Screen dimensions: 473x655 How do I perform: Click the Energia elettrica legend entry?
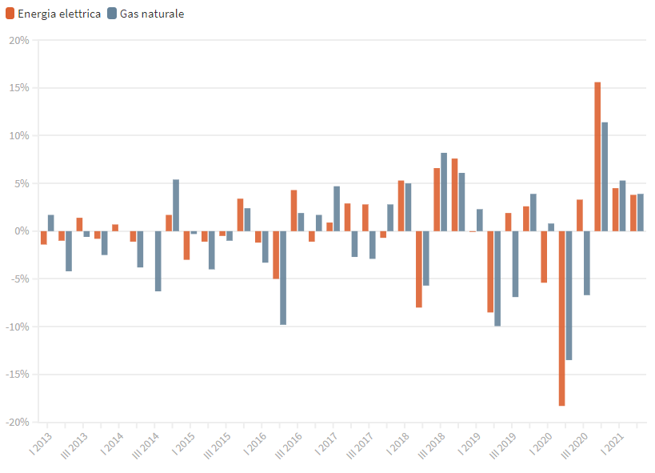click(56, 14)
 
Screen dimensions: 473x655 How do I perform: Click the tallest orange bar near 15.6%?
click(597, 156)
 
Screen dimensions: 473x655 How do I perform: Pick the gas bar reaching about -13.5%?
click(569, 295)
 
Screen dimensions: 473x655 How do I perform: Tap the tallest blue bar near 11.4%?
click(605, 176)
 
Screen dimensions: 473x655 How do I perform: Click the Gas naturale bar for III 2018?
click(444, 192)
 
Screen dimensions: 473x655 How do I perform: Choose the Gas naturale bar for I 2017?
click(337, 209)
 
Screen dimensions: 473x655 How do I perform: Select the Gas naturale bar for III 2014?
click(158, 261)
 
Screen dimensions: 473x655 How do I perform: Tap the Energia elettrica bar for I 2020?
click(544, 257)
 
